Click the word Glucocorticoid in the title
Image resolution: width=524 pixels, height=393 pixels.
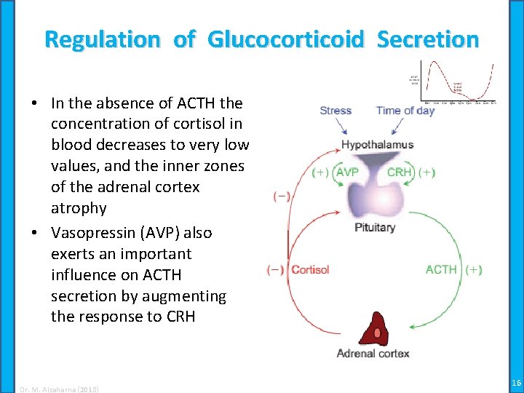(x=285, y=39)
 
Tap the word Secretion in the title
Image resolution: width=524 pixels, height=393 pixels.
(x=427, y=39)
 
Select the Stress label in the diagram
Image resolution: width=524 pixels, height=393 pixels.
(x=336, y=111)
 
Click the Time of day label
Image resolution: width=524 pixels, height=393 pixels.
(x=405, y=111)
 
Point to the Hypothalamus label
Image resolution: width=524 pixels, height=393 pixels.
(x=377, y=144)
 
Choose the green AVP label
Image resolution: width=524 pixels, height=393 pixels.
(x=347, y=173)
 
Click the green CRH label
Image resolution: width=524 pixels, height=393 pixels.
(x=400, y=173)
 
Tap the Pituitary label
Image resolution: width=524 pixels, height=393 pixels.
(x=375, y=227)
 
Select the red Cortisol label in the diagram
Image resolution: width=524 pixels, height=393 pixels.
(x=310, y=270)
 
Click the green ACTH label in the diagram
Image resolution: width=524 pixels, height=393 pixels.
(x=441, y=270)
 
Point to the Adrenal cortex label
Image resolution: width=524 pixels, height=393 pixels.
(x=373, y=354)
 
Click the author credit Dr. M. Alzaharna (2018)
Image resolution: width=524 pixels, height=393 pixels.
(x=59, y=389)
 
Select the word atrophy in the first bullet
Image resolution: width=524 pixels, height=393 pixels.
(x=79, y=208)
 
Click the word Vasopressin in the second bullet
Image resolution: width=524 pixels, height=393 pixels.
(x=95, y=233)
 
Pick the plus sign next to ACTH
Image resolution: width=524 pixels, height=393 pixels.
(x=473, y=270)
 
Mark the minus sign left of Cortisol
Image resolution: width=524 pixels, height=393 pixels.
(x=276, y=270)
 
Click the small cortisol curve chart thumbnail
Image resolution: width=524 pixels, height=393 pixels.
(x=453, y=82)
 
